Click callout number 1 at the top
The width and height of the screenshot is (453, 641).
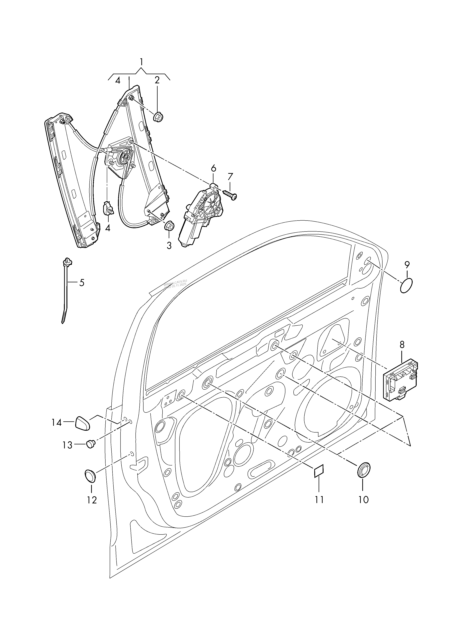(x=142, y=62)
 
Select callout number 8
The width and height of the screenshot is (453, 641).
(x=402, y=345)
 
